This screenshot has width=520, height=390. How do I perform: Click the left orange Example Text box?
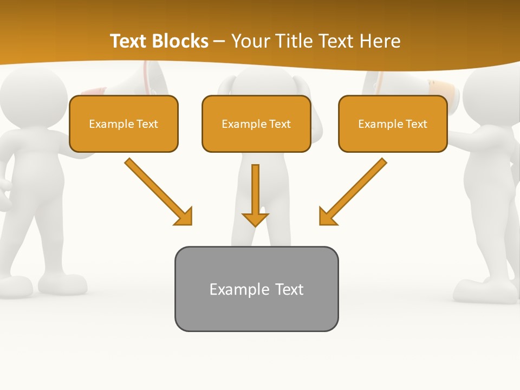click(123, 123)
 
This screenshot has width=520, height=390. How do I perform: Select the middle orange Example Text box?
click(256, 123)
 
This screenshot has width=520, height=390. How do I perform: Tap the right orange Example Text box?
click(393, 123)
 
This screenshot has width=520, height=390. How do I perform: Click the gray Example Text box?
click(256, 289)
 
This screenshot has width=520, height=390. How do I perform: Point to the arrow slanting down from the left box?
click(157, 191)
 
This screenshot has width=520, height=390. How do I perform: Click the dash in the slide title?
click(219, 41)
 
